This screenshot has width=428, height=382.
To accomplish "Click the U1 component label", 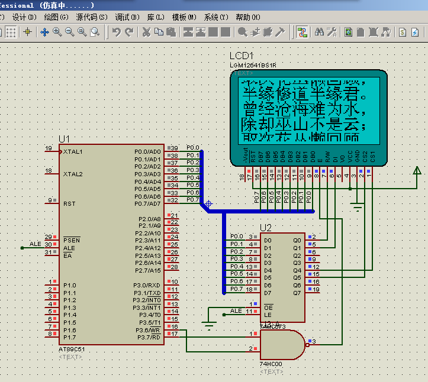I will (64, 139).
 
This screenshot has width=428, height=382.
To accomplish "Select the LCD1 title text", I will (242, 56).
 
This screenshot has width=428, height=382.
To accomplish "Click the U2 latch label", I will (266, 228).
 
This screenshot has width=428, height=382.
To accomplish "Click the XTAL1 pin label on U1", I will (73, 152).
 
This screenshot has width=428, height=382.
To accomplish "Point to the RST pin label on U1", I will (69, 204).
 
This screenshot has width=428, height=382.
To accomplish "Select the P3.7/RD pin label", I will (147, 338).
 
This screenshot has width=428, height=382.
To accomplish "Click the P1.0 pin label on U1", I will (69, 286).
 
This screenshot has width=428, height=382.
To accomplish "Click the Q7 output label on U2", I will (297, 293).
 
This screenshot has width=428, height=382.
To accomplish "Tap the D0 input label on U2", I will (268, 241).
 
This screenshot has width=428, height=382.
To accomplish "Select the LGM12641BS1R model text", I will (253, 65).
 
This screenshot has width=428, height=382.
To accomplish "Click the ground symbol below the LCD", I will (357, 207).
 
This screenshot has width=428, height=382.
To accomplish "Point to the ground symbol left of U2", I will (208, 323).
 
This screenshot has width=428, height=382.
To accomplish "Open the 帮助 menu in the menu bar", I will (247, 17).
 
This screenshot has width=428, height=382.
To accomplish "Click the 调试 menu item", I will (127, 17).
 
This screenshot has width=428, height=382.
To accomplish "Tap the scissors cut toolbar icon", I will (146, 32).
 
